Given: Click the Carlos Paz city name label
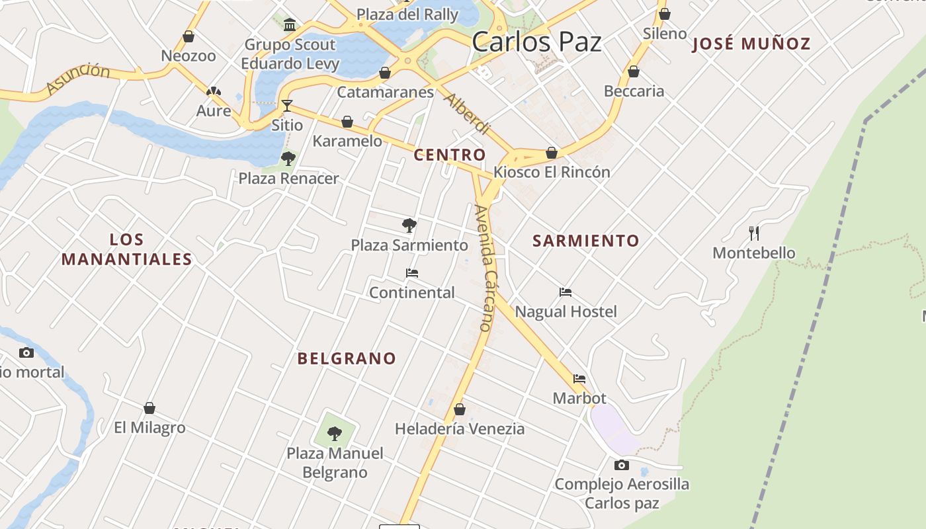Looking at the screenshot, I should pos(536,42).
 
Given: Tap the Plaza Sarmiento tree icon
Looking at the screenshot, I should pos(409,225).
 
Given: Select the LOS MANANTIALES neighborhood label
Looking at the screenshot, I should pos(126,249).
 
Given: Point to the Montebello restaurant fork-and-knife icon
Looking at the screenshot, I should pos(753,233).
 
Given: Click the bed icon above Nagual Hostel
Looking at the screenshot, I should pos(565,292).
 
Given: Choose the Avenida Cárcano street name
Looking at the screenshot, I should pos(486,268).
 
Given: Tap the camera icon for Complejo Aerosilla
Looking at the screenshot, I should pos(621,465).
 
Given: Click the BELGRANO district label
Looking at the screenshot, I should pos(347,358).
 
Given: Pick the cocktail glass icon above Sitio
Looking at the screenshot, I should pos(286,105).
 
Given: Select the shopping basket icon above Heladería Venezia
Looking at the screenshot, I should pos(459,409).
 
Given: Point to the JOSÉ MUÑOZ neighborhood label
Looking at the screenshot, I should pos(751,44).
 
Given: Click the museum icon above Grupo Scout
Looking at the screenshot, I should pos(290,25).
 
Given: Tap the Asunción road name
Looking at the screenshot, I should pos(78,78).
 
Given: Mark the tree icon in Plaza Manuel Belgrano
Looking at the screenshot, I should pos(335,434).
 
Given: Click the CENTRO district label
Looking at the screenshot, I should pos(449,155).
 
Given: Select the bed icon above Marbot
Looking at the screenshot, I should pos(579,379).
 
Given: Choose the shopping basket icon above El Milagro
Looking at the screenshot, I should pos(149,408).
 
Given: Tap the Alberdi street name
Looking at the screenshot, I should pos(468,113).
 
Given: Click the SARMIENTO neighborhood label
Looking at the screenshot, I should pos(586,241).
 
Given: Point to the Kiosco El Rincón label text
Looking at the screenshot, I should pos(552,172).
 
